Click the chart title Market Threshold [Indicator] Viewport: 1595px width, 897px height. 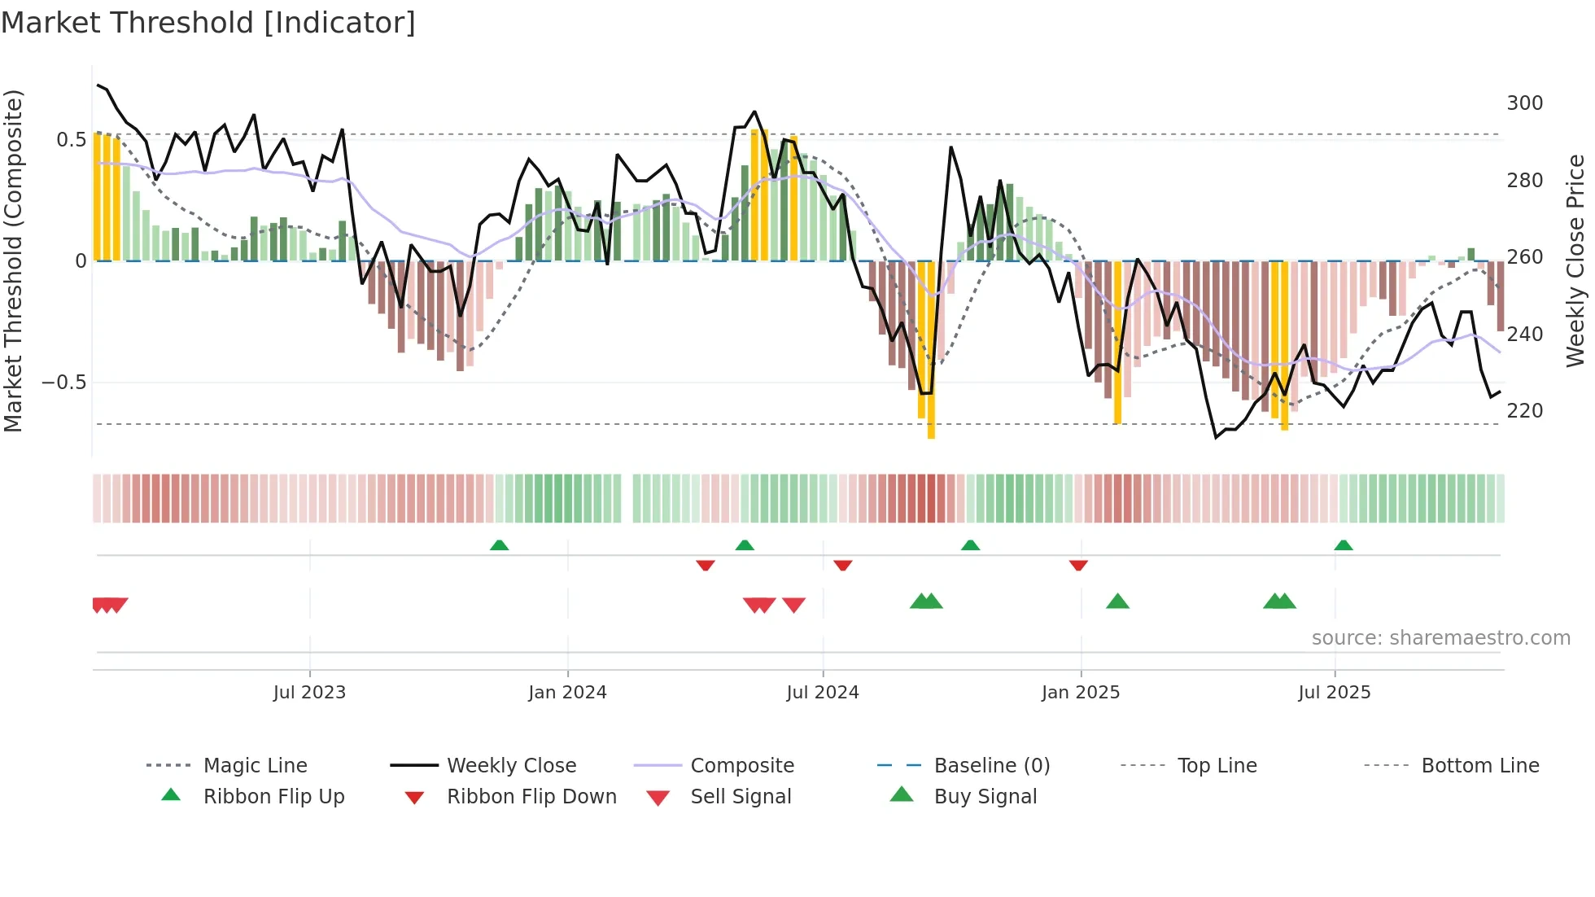pyautogui.click(x=208, y=23)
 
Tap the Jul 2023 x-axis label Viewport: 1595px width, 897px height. pyautogui.click(x=309, y=693)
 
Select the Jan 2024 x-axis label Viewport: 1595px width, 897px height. pyautogui.click(x=567, y=693)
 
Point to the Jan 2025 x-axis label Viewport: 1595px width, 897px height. pyautogui.click(x=1081, y=693)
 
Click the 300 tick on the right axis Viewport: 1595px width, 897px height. pyautogui.click(x=1524, y=103)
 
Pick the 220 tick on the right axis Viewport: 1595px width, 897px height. pyautogui.click(x=1524, y=411)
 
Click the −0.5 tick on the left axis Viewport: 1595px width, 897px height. pyautogui.click(x=63, y=383)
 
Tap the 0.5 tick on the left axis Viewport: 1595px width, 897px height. pyautogui.click(x=71, y=140)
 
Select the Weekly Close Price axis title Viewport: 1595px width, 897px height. pyautogui.click(x=1575, y=260)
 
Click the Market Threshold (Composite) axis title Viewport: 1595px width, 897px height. pyautogui.click(x=13, y=260)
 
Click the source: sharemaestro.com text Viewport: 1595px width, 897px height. pyautogui.click(x=1440, y=638)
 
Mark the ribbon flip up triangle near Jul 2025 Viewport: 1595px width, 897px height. pyautogui.click(x=1344, y=545)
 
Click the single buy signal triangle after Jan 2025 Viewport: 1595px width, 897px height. pyautogui.click(x=1117, y=602)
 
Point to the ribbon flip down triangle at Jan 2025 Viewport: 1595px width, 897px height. pyautogui.click(x=1078, y=565)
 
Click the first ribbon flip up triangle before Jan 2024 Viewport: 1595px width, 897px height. pyautogui.click(x=499, y=545)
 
